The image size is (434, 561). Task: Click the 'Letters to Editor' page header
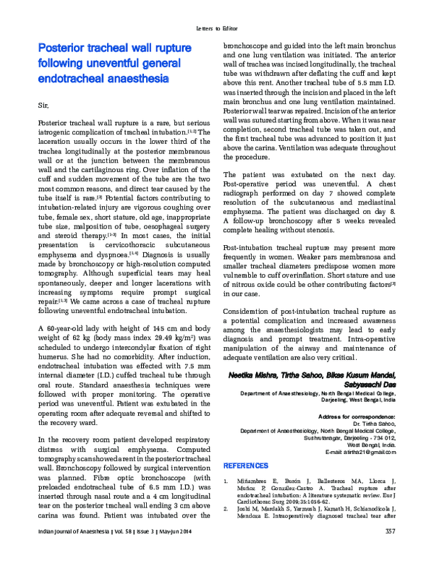click(x=216, y=29)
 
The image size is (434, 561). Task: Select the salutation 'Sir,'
click(x=42, y=106)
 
